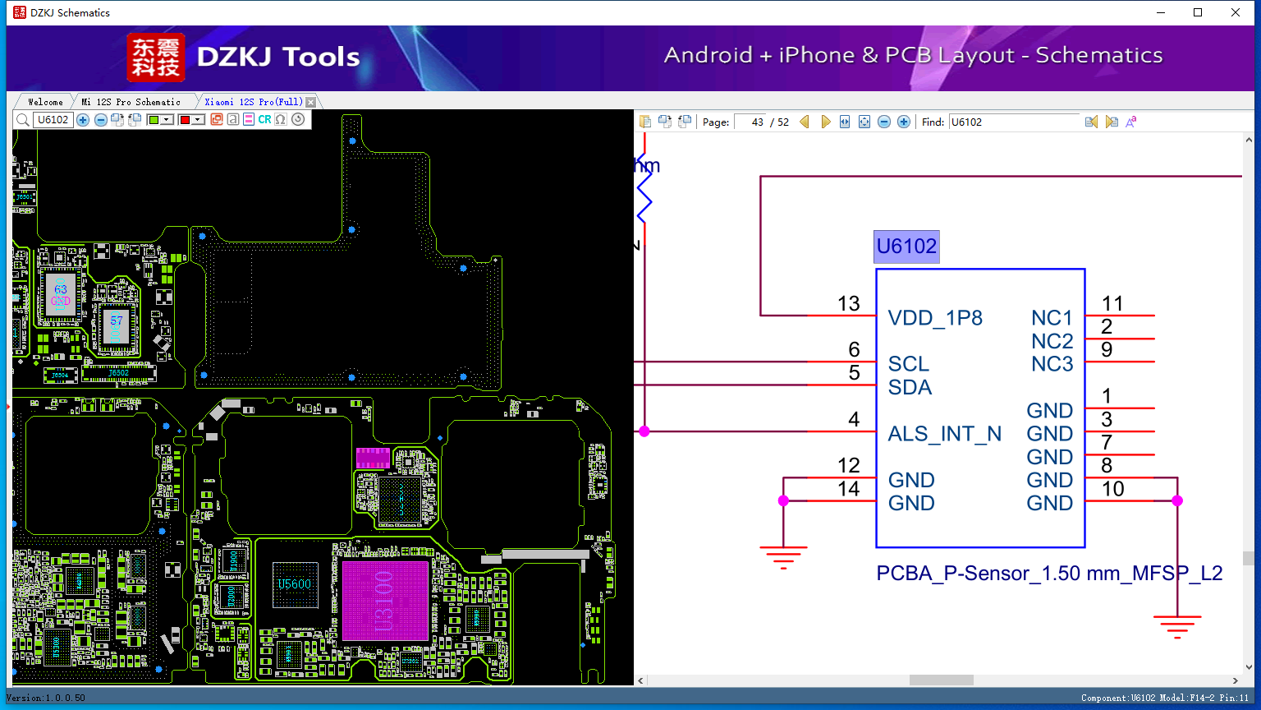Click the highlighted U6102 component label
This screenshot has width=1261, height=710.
[906, 247]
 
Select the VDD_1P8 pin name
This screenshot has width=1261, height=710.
[935, 318]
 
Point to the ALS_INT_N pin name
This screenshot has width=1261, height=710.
[944, 434]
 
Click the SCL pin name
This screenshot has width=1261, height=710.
[908, 364]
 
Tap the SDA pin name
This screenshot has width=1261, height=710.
[910, 387]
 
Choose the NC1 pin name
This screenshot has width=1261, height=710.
[1052, 318]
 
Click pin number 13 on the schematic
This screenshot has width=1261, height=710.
[848, 304]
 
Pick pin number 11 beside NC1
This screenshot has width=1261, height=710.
[1112, 304]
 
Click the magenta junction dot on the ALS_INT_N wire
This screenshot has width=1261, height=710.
[644, 431]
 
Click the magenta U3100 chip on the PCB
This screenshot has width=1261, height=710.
[385, 601]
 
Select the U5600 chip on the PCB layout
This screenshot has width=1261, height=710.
[294, 584]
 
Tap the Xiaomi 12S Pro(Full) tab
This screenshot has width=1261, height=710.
[254, 102]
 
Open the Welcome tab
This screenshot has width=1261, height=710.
[45, 102]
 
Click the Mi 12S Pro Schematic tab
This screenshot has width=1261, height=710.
[131, 102]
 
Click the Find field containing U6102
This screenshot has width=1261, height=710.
[1014, 122]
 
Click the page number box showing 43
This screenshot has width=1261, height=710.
[751, 122]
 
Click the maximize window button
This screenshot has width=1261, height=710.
[1198, 12]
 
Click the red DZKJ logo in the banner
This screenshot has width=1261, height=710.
[156, 58]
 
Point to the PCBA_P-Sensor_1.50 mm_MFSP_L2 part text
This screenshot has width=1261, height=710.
[1049, 574]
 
